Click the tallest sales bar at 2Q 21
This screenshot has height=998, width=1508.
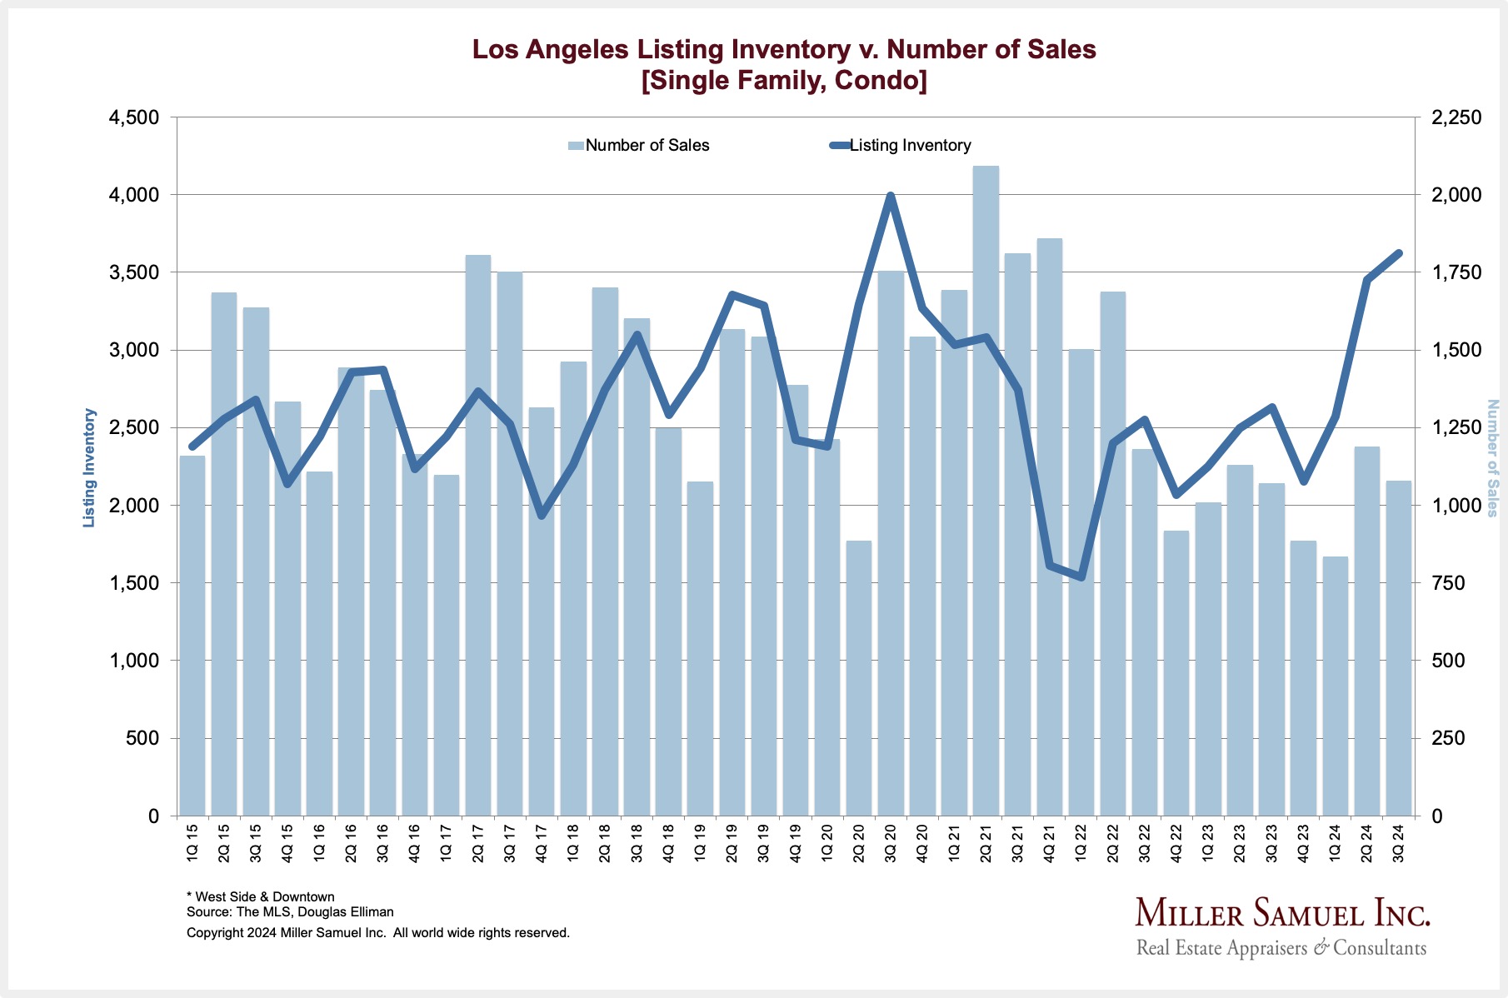point(986,492)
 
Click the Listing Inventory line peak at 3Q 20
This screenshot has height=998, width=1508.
point(890,197)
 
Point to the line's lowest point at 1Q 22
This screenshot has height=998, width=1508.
point(1081,577)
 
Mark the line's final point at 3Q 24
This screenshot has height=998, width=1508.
point(1398,253)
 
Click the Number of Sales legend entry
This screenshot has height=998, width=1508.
point(639,145)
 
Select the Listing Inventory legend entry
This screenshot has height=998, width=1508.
point(901,145)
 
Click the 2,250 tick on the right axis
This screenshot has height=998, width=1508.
point(1456,117)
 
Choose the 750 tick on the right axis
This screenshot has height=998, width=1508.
point(1447,583)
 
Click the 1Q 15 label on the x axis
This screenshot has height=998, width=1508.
point(192,841)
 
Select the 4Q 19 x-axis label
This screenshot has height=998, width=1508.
point(796,841)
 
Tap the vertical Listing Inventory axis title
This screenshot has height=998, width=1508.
point(89,467)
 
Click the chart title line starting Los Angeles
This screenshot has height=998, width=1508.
point(783,49)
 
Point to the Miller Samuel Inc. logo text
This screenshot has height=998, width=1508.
point(1282,914)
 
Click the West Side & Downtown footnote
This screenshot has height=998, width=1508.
point(261,896)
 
